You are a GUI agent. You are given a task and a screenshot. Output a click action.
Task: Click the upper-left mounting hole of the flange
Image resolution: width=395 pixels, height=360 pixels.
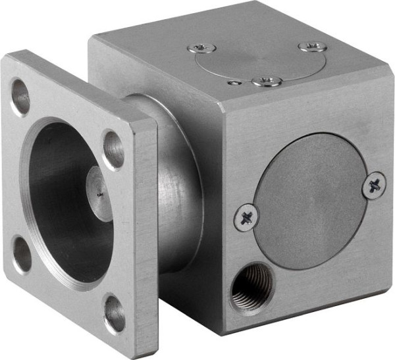pos(20,97)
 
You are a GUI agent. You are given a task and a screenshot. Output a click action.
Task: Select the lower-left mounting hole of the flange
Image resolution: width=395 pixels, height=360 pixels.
pos(22,255)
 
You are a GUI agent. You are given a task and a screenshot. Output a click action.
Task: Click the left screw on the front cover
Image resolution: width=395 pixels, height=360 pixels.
pos(246,218)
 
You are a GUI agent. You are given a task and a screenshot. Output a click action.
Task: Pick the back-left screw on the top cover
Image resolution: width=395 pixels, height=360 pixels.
pos(201,48)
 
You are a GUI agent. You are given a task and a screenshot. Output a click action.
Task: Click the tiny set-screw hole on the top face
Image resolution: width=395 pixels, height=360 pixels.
pos(234,83)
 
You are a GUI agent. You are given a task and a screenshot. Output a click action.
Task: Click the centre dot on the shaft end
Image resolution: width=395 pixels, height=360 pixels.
pos(99,194)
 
